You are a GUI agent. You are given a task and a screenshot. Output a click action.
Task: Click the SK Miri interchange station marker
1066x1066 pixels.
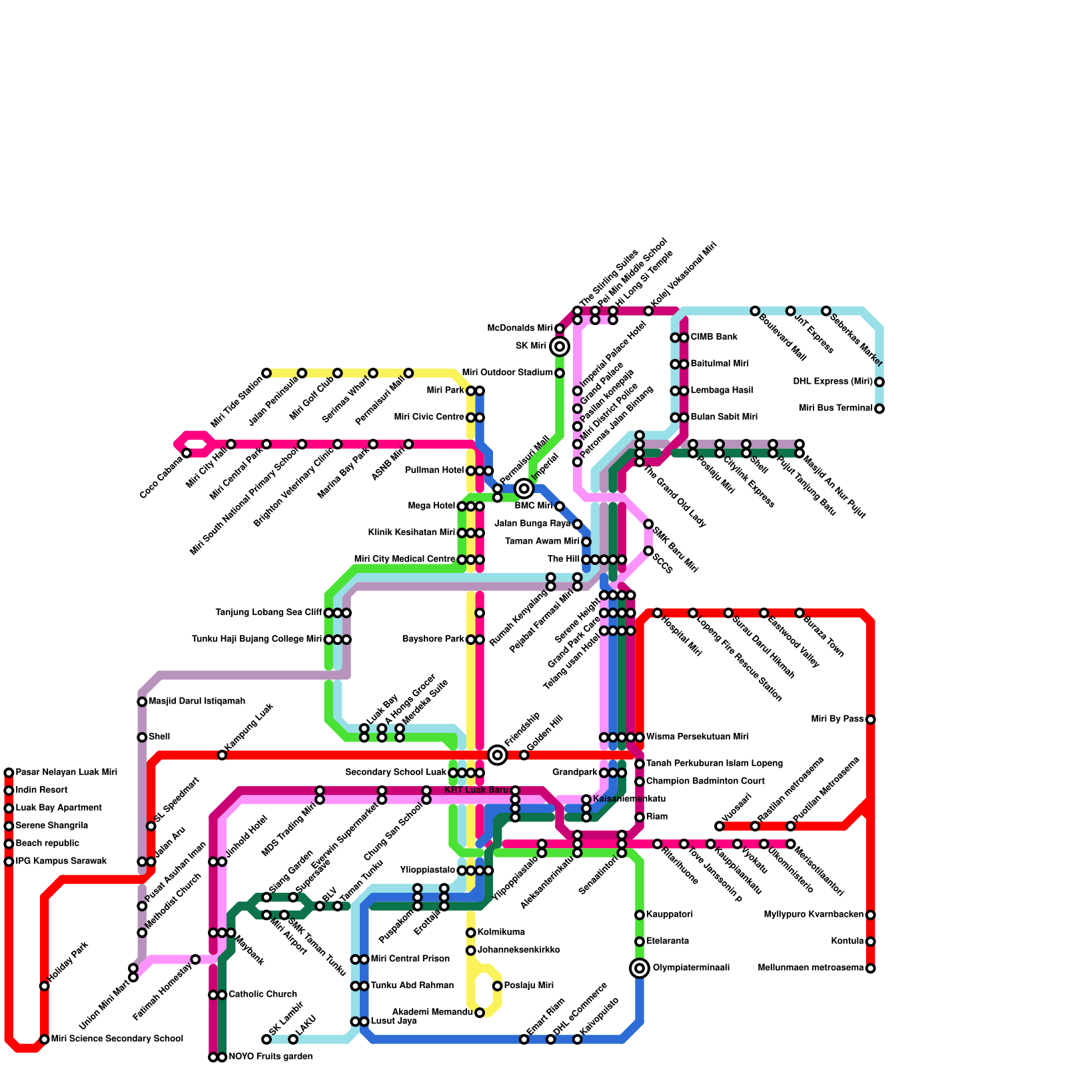point(560,346)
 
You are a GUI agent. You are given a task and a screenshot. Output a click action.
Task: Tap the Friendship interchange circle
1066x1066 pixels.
point(497,755)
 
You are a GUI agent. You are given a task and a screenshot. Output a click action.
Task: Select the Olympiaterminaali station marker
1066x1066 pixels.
point(640,968)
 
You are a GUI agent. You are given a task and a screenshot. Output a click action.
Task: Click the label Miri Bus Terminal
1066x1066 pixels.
point(835,408)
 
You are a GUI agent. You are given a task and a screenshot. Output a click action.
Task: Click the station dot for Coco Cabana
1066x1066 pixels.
point(187,453)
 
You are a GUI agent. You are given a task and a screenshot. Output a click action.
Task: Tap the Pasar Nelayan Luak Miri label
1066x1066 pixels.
point(67,773)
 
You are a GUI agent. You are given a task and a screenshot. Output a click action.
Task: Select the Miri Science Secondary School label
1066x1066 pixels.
point(117,1039)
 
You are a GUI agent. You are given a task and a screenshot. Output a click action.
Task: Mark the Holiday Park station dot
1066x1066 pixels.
point(45,986)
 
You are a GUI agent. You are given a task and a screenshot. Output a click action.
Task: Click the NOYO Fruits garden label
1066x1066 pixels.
point(270,1057)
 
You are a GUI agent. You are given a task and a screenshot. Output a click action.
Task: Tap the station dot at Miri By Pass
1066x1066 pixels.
point(870,720)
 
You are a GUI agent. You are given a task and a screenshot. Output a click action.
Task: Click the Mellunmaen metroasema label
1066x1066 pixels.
point(810,968)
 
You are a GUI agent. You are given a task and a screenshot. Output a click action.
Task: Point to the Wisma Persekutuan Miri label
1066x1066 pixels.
point(698,737)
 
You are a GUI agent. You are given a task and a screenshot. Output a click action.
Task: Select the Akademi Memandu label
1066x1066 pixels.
point(432,1012)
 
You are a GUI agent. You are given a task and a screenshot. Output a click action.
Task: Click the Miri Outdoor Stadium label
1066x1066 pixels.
point(507,372)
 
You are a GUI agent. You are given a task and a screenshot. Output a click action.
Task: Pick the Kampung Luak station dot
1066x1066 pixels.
point(222,755)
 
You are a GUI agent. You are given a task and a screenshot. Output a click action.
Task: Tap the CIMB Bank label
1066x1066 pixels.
point(714,337)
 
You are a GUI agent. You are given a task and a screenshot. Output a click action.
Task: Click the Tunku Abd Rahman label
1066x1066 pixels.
point(412,985)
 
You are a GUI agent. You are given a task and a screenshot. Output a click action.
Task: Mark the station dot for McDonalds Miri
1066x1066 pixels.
point(560,329)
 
